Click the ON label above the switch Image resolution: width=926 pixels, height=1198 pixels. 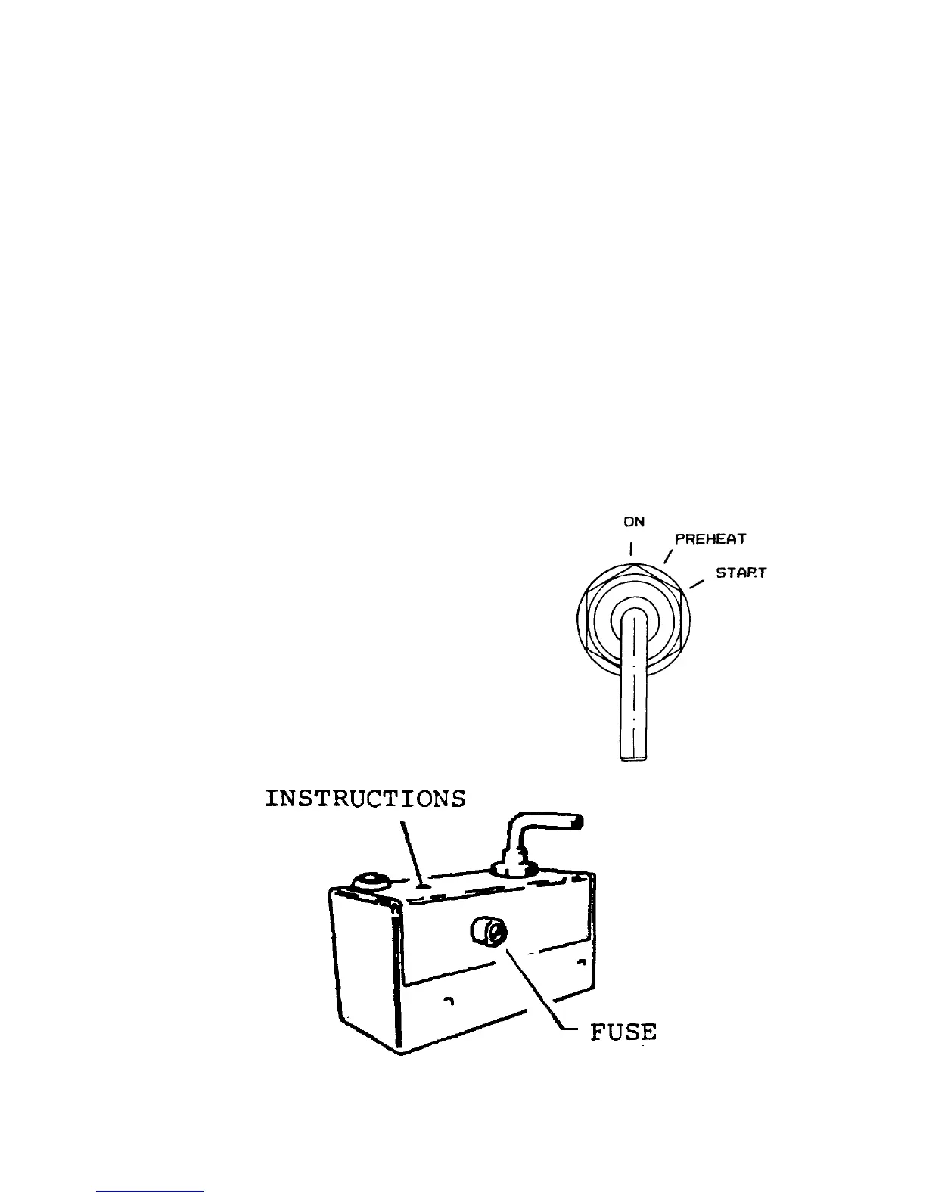pyautogui.click(x=634, y=522)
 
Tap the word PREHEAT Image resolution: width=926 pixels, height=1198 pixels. pyautogui.click(x=710, y=539)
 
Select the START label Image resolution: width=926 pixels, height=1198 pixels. pyautogui.click(x=741, y=573)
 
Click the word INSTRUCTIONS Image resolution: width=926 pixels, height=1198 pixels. pyautogui.click(x=365, y=799)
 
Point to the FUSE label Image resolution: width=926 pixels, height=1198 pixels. pyautogui.click(x=623, y=1032)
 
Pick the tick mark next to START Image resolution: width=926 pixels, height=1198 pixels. pyautogui.click(x=698, y=583)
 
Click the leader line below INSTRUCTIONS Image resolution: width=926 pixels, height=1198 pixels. pyautogui.click(x=411, y=851)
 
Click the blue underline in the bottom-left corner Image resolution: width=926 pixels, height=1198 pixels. pyautogui.click(x=151, y=1191)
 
